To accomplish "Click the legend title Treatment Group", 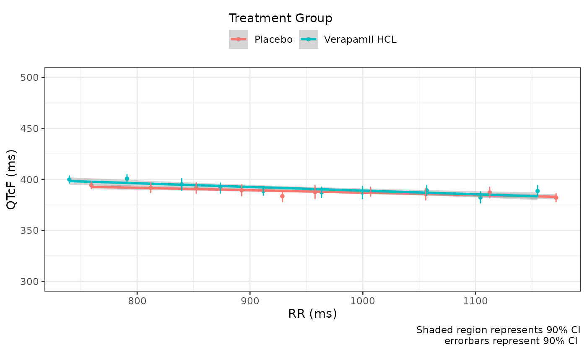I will point(280,18).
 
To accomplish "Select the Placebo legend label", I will point(273,40).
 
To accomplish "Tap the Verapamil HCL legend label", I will point(360,40).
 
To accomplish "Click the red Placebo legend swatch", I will point(239,39).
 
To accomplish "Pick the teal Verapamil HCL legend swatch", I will point(309,39).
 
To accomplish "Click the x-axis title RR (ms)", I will point(312,314).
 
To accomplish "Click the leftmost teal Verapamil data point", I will point(70,179).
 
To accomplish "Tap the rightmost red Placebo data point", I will point(556,197).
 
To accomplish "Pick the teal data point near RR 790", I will point(127,179).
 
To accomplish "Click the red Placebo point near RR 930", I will point(282,196).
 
